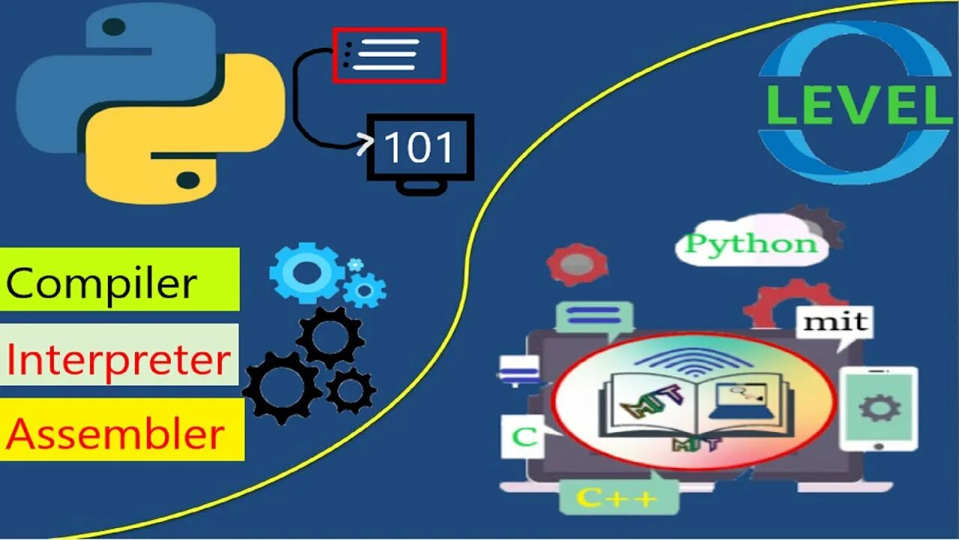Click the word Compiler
pos(102,283)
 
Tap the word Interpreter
pos(118,361)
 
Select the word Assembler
pos(116,434)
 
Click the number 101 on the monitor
pos(419,148)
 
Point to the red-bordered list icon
pos(389,55)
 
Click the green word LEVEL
pos(859,106)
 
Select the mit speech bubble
pos(835,322)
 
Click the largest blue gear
pos(306,272)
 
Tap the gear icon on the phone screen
pos(879,408)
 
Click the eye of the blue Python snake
pos(113,28)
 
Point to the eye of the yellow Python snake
pos(188,179)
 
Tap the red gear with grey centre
pos(576,264)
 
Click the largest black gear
pos(282,387)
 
